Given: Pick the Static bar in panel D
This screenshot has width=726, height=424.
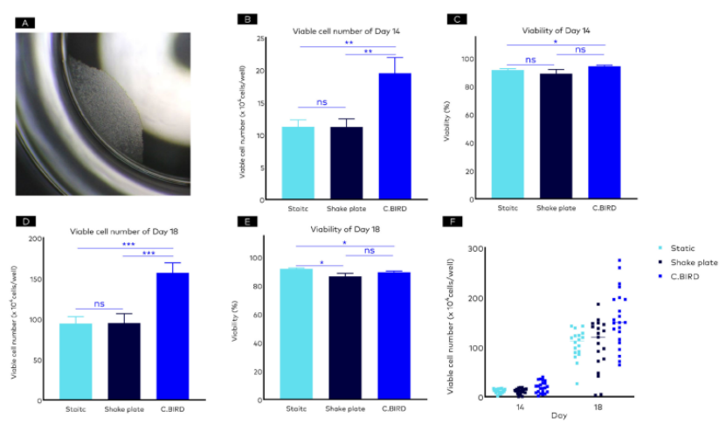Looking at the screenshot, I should click(x=74, y=361).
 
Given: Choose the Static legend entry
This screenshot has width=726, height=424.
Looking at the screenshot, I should click(x=675, y=249).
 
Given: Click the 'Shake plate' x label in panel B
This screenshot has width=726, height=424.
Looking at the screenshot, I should click(x=345, y=209).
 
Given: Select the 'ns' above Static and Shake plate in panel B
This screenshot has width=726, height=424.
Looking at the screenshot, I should click(x=322, y=102).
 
